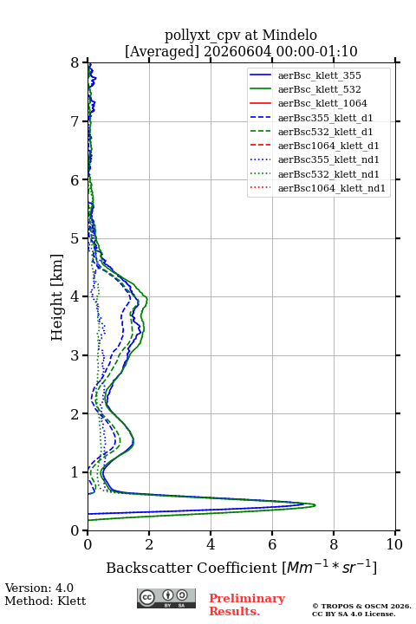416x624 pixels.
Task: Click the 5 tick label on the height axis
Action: pyautogui.click(x=75, y=238)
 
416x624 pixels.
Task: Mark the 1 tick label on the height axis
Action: pyautogui.click(x=75, y=472)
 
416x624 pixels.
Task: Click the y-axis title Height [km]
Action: pyautogui.click(x=57, y=297)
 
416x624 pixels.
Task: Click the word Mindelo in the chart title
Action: pyautogui.click(x=289, y=35)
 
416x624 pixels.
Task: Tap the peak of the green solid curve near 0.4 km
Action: pyautogui.click(x=315, y=505)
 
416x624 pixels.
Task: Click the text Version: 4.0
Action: pyautogui.click(x=39, y=588)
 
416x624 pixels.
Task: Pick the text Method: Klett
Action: pyautogui.click(x=45, y=601)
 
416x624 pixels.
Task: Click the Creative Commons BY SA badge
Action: pyautogui.click(x=166, y=599)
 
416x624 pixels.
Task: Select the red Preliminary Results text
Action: pyautogui.click(x=247, y=605)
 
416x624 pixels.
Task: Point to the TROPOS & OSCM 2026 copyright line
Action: pyautogui.click(x=361, y=607)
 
